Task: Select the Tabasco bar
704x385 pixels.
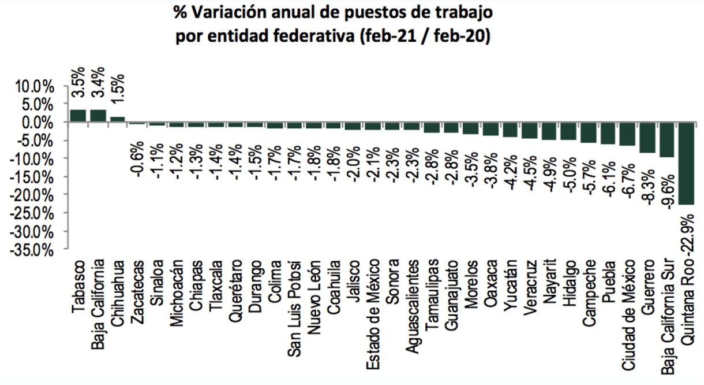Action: tap(78, 116)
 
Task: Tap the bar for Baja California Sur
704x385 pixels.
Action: tap(667, 139)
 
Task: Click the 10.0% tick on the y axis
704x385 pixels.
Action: tap(35, 87)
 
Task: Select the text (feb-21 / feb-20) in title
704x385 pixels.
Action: tap(424, 36)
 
